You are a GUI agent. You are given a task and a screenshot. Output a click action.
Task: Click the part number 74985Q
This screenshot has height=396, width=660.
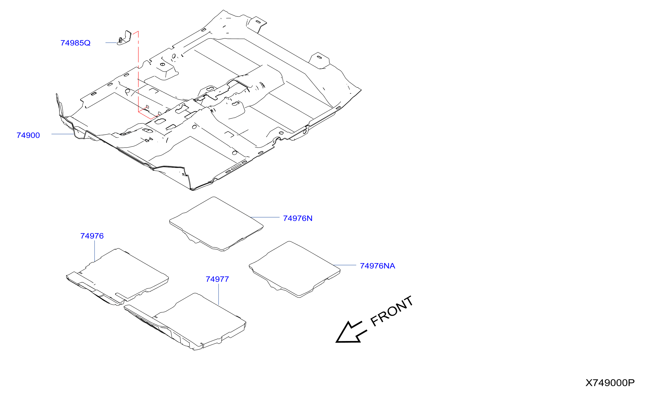[x=75, y=43]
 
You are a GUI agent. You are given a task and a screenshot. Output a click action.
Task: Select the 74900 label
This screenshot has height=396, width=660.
[x=28, y=135]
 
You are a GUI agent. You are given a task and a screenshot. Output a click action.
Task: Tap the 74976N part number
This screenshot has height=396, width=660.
[x=298, y=218]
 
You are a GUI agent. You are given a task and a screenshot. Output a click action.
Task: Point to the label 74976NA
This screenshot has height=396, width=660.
[x=377, y=266]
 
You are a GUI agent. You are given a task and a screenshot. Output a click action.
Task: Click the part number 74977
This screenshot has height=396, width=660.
[x=217, y=279]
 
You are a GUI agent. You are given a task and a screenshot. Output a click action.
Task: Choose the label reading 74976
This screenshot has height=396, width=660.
[x=92, y=236]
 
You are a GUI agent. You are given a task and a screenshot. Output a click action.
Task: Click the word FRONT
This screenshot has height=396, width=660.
[x=392, y=311]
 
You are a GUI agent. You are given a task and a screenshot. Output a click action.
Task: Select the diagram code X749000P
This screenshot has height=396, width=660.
[x=610, y=383]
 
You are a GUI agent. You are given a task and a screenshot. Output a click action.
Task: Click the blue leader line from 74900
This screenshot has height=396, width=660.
[x=63, y=134]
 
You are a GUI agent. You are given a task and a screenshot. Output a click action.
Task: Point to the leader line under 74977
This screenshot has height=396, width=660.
[x=218, y=294]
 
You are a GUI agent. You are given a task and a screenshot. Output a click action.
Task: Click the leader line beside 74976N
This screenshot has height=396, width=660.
[x=265, y=217]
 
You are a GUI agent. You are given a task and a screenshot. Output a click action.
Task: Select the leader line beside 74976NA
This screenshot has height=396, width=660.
[x=345, y=265]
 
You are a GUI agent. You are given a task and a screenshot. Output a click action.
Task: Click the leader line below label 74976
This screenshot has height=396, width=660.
[x=95, y=251]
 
